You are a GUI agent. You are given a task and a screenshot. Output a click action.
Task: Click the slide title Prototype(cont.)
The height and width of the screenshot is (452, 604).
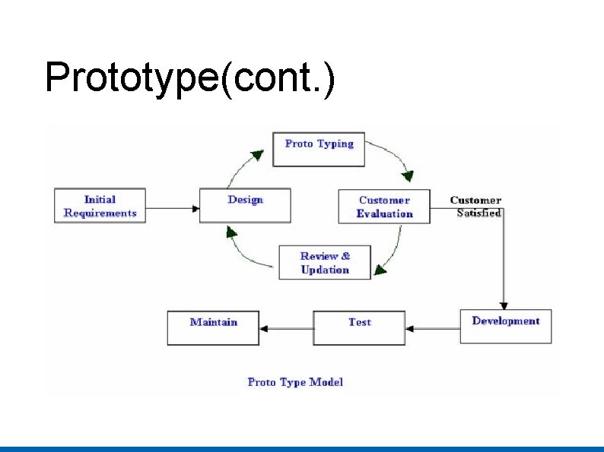189,78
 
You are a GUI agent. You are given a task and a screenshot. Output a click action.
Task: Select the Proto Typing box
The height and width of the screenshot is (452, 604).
319,149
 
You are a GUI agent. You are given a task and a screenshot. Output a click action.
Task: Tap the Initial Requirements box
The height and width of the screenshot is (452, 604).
100,206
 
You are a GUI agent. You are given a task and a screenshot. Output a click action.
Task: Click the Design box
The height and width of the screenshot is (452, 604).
245,206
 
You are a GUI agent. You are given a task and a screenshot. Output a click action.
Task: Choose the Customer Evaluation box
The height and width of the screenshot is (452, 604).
384,207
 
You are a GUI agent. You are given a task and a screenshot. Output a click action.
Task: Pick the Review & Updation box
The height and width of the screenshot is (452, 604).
325,263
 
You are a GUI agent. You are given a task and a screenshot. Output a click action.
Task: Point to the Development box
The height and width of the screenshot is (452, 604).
505,326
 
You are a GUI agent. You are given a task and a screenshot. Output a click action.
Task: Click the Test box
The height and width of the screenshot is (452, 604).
359,327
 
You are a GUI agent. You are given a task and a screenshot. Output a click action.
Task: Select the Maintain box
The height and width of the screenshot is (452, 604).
213,327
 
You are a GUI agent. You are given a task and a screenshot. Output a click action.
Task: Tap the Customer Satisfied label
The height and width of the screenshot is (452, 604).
476,207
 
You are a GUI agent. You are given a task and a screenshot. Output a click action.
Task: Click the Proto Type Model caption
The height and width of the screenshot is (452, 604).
295,382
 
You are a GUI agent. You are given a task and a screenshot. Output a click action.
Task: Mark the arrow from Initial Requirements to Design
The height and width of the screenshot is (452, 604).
173,207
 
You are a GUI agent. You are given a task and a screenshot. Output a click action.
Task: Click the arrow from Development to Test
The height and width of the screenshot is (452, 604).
432,329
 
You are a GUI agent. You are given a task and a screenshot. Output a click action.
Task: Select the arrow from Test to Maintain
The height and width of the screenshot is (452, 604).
286,329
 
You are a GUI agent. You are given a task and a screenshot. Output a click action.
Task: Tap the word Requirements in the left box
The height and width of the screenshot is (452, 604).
100,213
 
